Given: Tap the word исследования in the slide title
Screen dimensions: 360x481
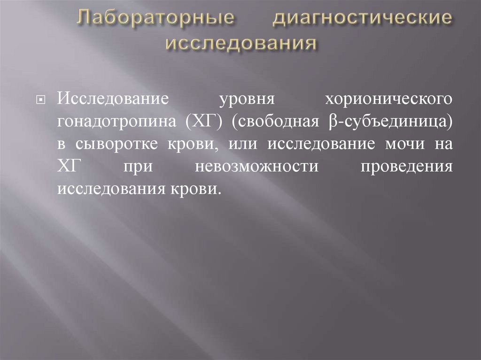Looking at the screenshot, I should (x=240, y=43).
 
